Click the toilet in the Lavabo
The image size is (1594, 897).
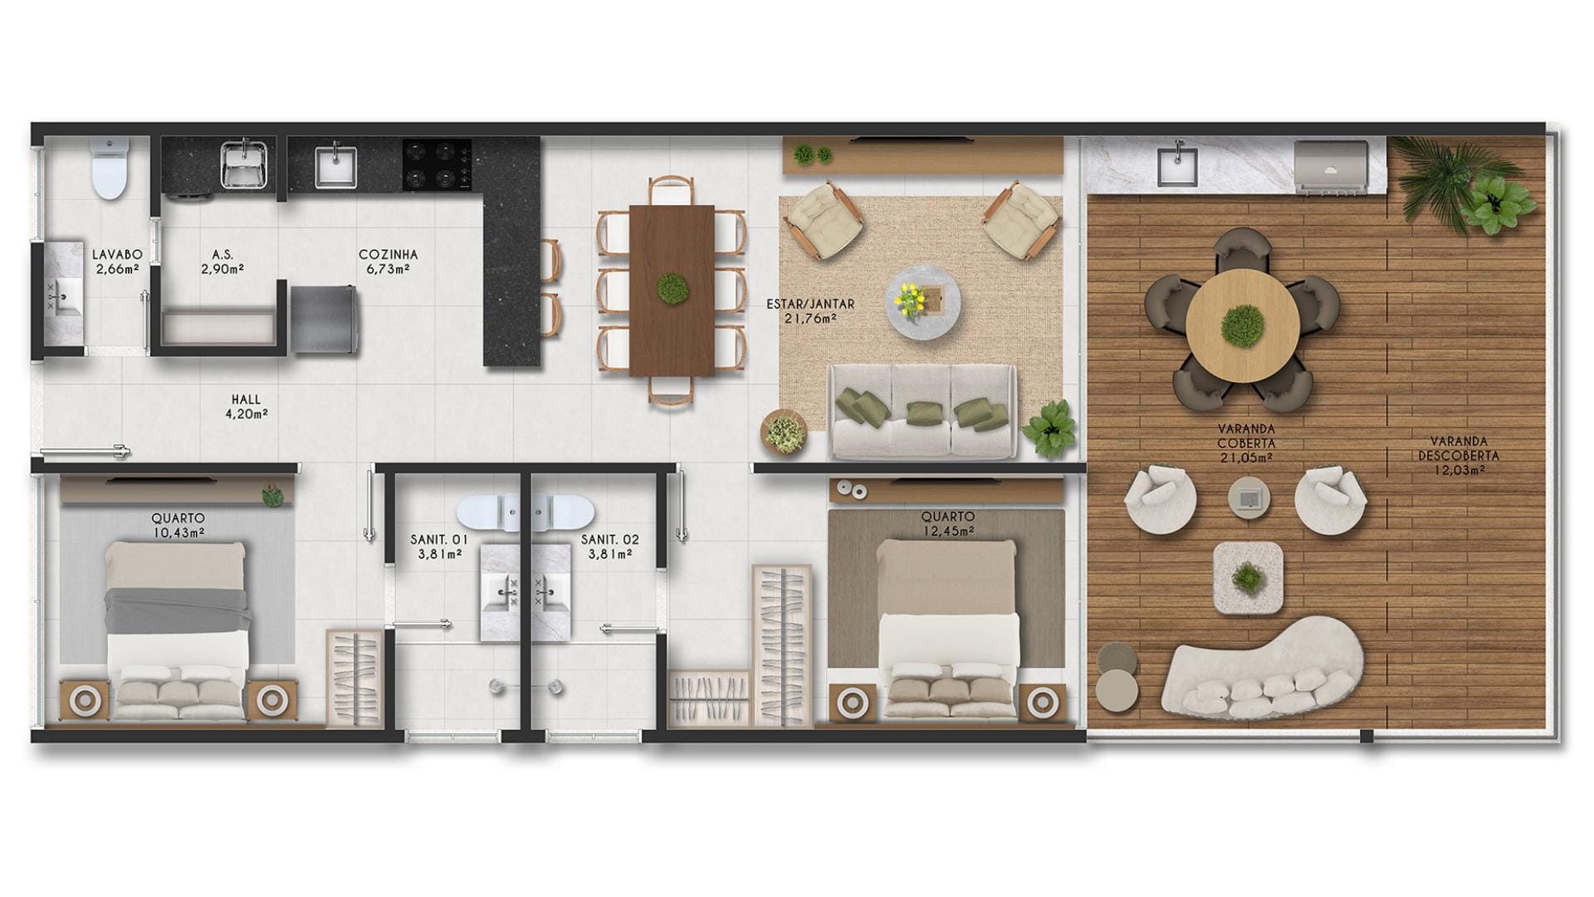click(x=110, y=168)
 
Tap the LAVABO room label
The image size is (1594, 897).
click(x=117, y=254)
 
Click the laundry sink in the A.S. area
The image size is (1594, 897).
click(x=244, y=164)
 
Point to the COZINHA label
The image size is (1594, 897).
click(x=388, y=254)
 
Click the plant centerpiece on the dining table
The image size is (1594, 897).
click(x=671, y=288)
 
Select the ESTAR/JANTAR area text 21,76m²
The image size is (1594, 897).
click(x=809, y=317)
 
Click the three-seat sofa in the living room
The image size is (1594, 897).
click(x=922, y=412)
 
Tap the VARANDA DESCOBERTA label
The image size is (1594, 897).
click(x=1458, y=449)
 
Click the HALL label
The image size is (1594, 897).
click(x=246, y=400)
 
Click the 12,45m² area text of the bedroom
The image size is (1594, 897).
click(x=947, y=531)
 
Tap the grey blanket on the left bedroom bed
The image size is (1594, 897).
click(x=178, y=610)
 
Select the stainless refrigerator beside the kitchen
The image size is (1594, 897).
click(x=324, y=319)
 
